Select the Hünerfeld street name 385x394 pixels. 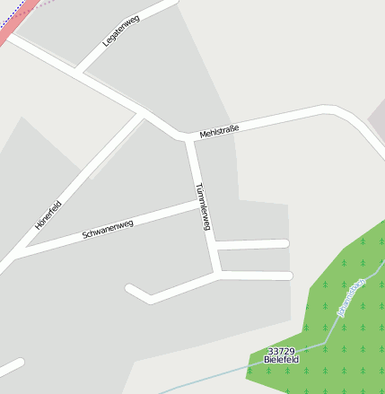tap(48, 215)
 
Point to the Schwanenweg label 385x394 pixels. tap(108, 229)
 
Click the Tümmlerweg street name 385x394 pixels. tap(203, 207)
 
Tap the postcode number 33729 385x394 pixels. tap(281, 351)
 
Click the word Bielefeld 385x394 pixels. tap(281, 360)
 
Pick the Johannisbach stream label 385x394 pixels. tap(351, 297)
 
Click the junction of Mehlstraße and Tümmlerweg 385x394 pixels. tap(188, 138)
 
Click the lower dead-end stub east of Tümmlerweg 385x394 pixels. tap(257, 276)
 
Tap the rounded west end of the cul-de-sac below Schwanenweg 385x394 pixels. tap(131, 289)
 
